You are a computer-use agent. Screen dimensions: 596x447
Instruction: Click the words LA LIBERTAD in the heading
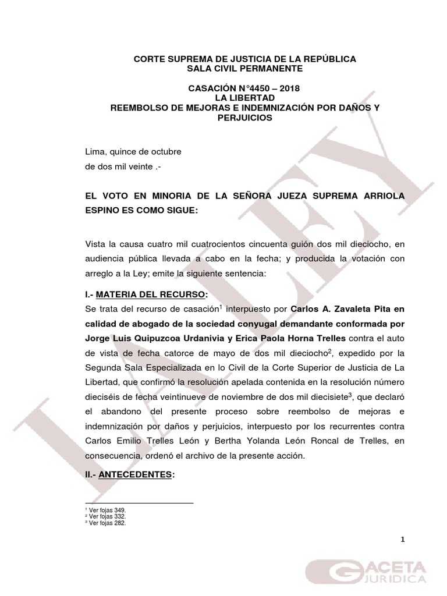click(x=244, y=98)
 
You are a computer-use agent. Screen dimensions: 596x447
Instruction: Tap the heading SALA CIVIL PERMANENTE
click(x=244, y=69)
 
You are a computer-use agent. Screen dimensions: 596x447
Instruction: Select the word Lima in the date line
click(x=95, y=152)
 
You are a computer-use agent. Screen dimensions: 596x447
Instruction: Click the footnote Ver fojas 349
click(x=105, y=510)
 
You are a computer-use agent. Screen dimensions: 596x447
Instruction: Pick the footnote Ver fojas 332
click(x=105, y=516)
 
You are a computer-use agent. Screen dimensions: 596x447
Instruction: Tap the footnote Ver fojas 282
click(x=105, y=523)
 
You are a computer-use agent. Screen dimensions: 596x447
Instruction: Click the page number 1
click(x=402, y=540)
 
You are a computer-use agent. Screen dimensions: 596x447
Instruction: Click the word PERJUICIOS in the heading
click(x=244, y=117)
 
